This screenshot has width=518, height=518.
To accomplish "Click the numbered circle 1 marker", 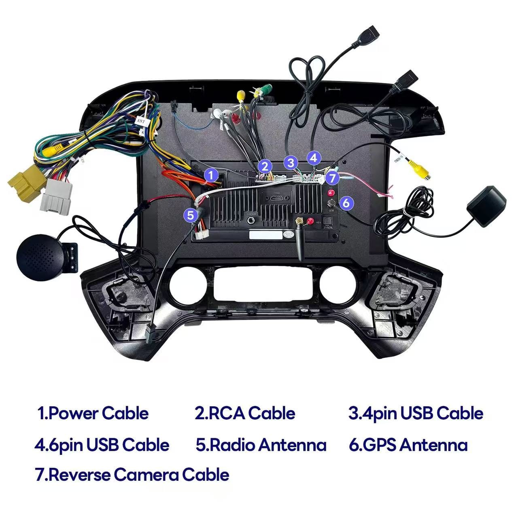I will (210, 176).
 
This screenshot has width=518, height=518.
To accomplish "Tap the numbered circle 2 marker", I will (265, 166).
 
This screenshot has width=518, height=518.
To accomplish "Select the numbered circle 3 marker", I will (290, 163).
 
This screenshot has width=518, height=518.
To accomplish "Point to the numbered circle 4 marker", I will (314, 158).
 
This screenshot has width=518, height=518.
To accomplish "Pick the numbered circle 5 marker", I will (190, 214).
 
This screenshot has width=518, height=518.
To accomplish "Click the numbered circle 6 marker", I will (346, 203).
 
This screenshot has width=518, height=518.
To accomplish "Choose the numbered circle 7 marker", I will (332, 178).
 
